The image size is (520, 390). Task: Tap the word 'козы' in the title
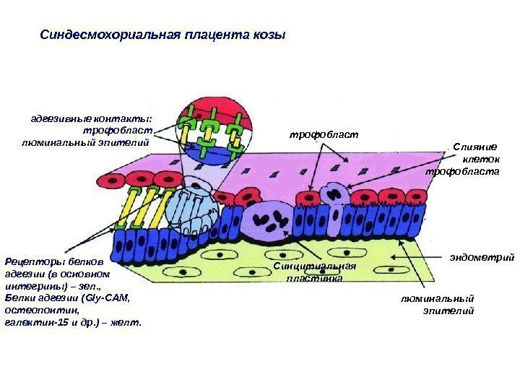[270, 34]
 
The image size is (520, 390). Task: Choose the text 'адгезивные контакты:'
[92, 119]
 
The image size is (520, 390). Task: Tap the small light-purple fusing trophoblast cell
[334, 194]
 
